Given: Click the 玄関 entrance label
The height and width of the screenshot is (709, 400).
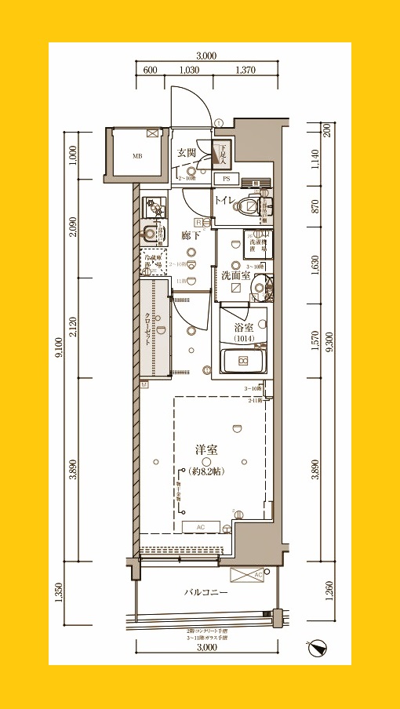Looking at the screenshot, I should [x=186, y=153].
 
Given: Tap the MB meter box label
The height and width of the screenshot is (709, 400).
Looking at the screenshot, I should [x=137, y=156].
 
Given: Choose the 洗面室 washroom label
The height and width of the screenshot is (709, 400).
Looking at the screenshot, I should [x=235, y=275].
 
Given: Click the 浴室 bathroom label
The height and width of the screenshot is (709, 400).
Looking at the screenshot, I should [x=243, y=327].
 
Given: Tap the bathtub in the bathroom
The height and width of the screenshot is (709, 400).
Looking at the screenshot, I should [x=243, y=361].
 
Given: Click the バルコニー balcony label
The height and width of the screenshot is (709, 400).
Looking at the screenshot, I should [x=206, y=592].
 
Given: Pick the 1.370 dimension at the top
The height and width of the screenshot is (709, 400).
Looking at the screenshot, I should [x=245, y=70].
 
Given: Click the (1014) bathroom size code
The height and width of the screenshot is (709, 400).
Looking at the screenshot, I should [x=243, y=338].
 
